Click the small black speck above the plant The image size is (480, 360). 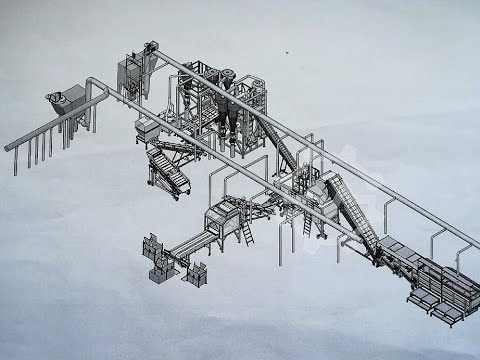tap(287, 53)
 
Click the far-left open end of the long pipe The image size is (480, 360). tap(9, 149)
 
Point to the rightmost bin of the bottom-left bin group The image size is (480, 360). tap(196, 271)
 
